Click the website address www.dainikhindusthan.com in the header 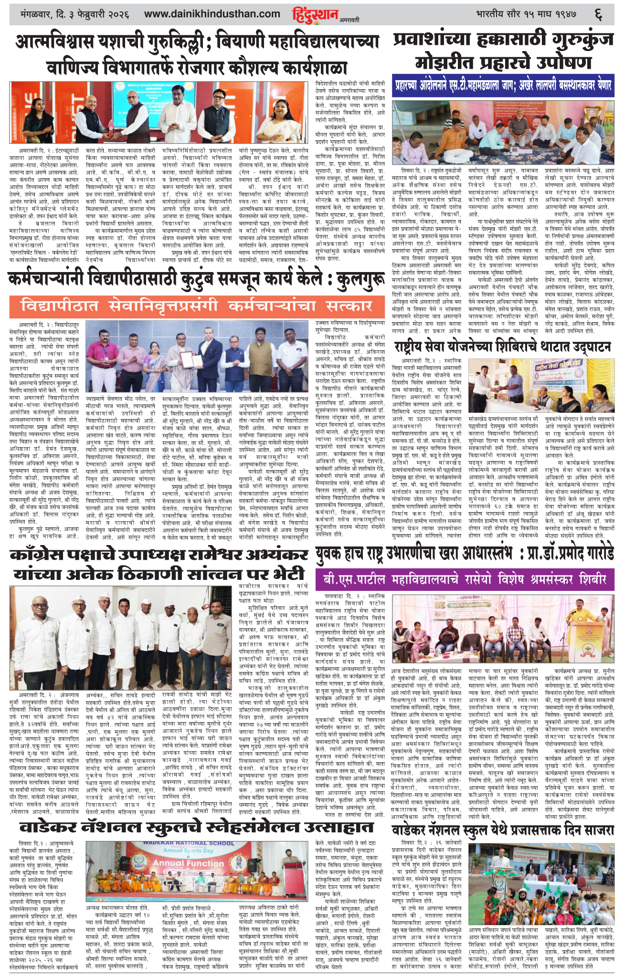pos(212,14)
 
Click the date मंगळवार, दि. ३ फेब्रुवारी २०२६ pos(72,14)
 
